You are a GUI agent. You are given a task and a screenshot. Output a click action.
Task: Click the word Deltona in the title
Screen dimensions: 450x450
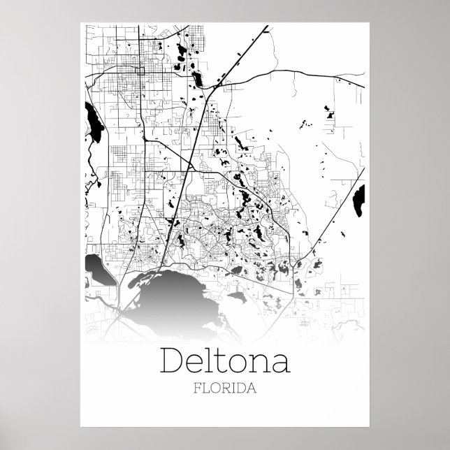pyautogui.click(x=224, y=361)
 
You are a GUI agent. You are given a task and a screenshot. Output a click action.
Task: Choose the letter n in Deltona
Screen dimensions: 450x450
pyautogui.click(x=257, y=363)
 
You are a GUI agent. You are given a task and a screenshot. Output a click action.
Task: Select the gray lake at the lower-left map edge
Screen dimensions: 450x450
pyautogui.click(x=98, y=269)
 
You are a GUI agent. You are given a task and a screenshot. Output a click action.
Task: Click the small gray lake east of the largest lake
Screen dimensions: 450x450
pyautogui.click(x=238, y=296)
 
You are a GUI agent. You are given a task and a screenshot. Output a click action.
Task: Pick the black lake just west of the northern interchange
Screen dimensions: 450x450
pyautogui.click(x=196, y=79)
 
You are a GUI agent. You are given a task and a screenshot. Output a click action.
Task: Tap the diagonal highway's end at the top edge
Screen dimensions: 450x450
pyautogui.click(x=268, y=27)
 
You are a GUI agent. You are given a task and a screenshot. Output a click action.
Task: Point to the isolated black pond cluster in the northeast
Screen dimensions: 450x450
pyautogui.click(x=328, y=110)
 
